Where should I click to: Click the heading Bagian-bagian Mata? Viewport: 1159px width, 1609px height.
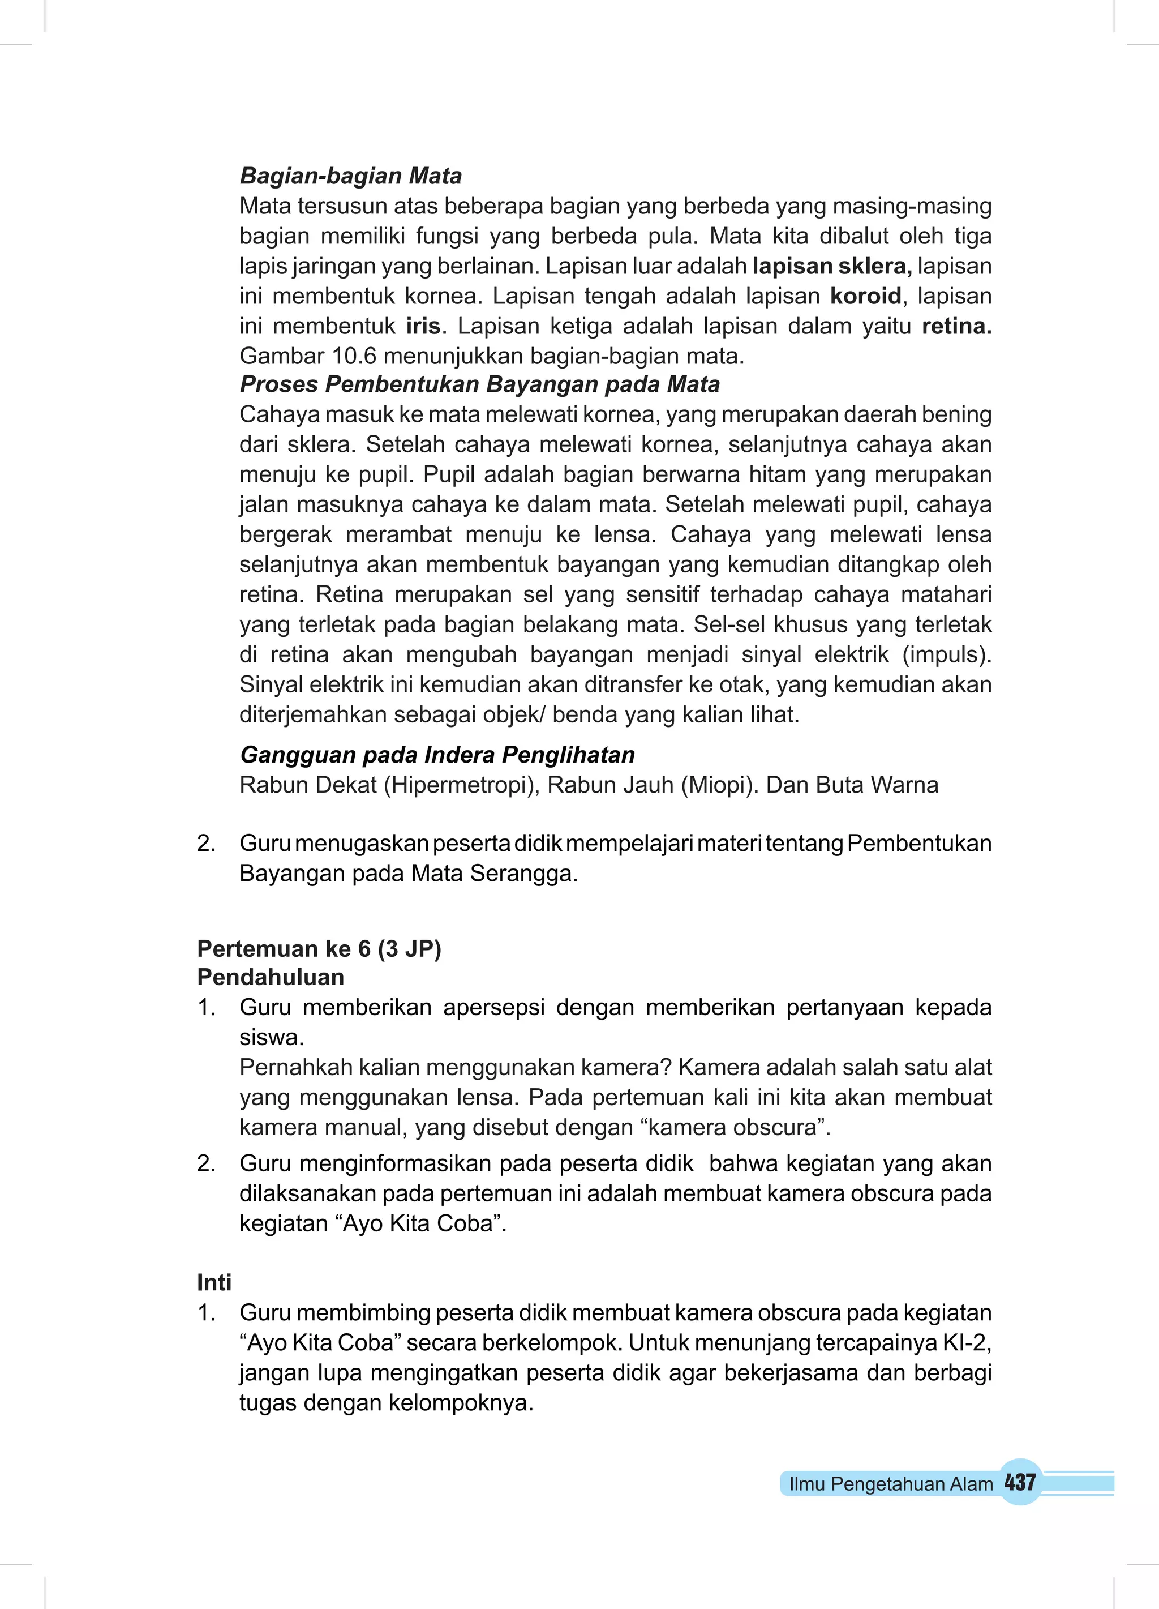(350, 176)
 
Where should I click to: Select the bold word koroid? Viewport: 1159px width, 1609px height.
(865, 296)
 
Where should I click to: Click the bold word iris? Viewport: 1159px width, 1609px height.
(423, 326)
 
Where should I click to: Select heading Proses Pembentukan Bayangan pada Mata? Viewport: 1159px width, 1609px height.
(479, 384)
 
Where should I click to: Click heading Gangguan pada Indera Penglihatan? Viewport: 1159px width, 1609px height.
(437, 754)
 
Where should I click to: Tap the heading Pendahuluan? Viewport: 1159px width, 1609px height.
(271, 977)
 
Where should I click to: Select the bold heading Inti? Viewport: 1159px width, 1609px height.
(214, 1283)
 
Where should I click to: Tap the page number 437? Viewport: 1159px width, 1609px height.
(1020, 1482)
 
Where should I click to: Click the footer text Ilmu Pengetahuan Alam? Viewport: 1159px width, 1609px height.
(891, 1484)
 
